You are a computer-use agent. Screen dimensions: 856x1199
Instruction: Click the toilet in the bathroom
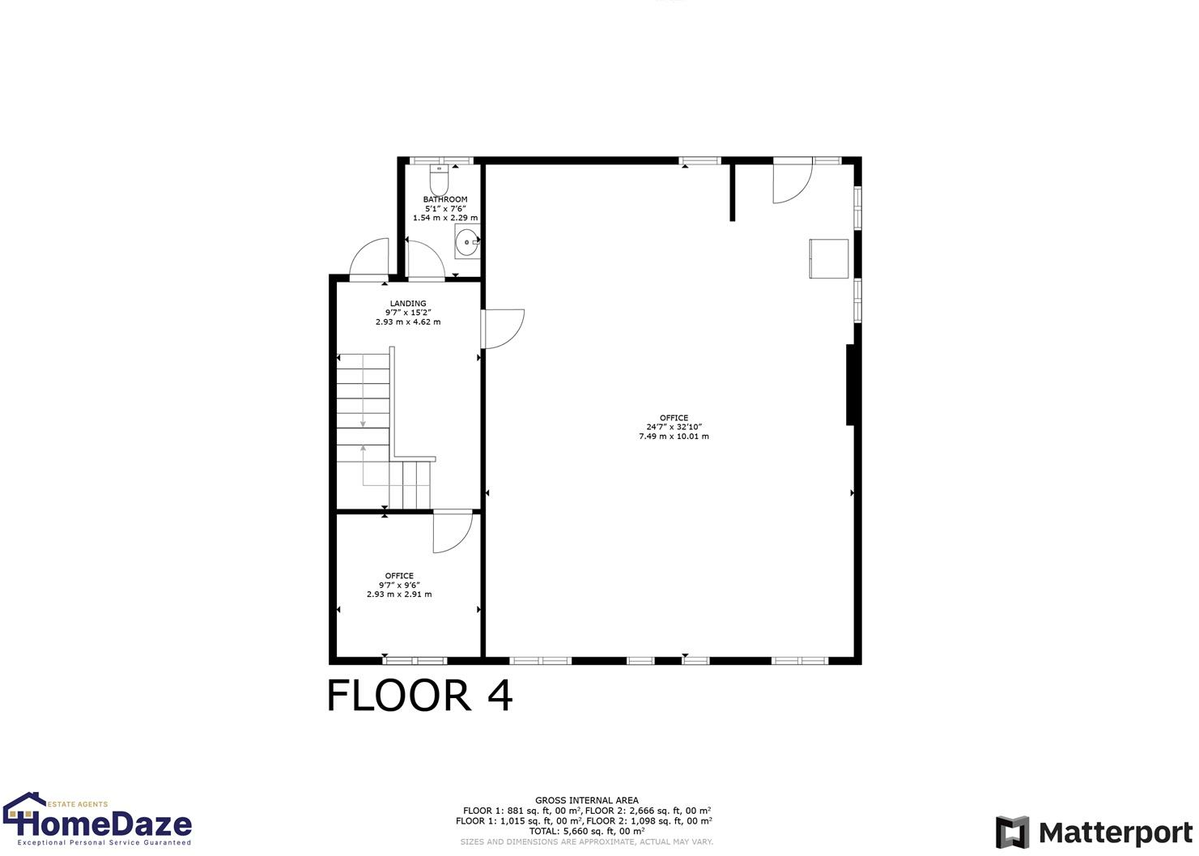click(x=439, y=180)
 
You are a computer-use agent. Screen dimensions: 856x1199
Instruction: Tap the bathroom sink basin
click(x=466, y=241)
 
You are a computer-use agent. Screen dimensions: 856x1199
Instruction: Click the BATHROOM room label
click(x=445, y=199)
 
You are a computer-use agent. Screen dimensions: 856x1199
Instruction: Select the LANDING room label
click(x=408, y=304)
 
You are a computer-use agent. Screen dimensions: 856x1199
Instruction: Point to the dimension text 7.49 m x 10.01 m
click(x=674, y=437)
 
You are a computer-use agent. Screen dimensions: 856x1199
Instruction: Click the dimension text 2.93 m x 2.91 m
click(x=399, y=594)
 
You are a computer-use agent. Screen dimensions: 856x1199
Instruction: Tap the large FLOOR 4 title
click(x=419, y=696)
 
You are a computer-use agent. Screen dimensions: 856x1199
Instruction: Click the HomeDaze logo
click(x=97, y=820)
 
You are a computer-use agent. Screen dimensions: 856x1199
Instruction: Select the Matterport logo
click(x=1095, y=833)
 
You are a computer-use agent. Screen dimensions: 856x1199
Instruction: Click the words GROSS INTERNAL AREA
click(x=587, y=800)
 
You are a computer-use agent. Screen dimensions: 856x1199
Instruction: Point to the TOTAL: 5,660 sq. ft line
click(x=587, y=831)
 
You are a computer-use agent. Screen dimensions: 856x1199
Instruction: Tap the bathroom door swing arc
click(x=425, y=259)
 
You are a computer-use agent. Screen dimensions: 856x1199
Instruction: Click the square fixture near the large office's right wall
click(x=829, y=258)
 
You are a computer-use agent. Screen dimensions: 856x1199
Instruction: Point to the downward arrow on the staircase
click(x=363, y=421)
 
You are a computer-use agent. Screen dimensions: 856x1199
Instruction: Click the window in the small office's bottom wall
click(x=415, y=660)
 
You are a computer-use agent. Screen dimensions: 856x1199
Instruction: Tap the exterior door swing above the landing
click(x=369, y=259)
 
